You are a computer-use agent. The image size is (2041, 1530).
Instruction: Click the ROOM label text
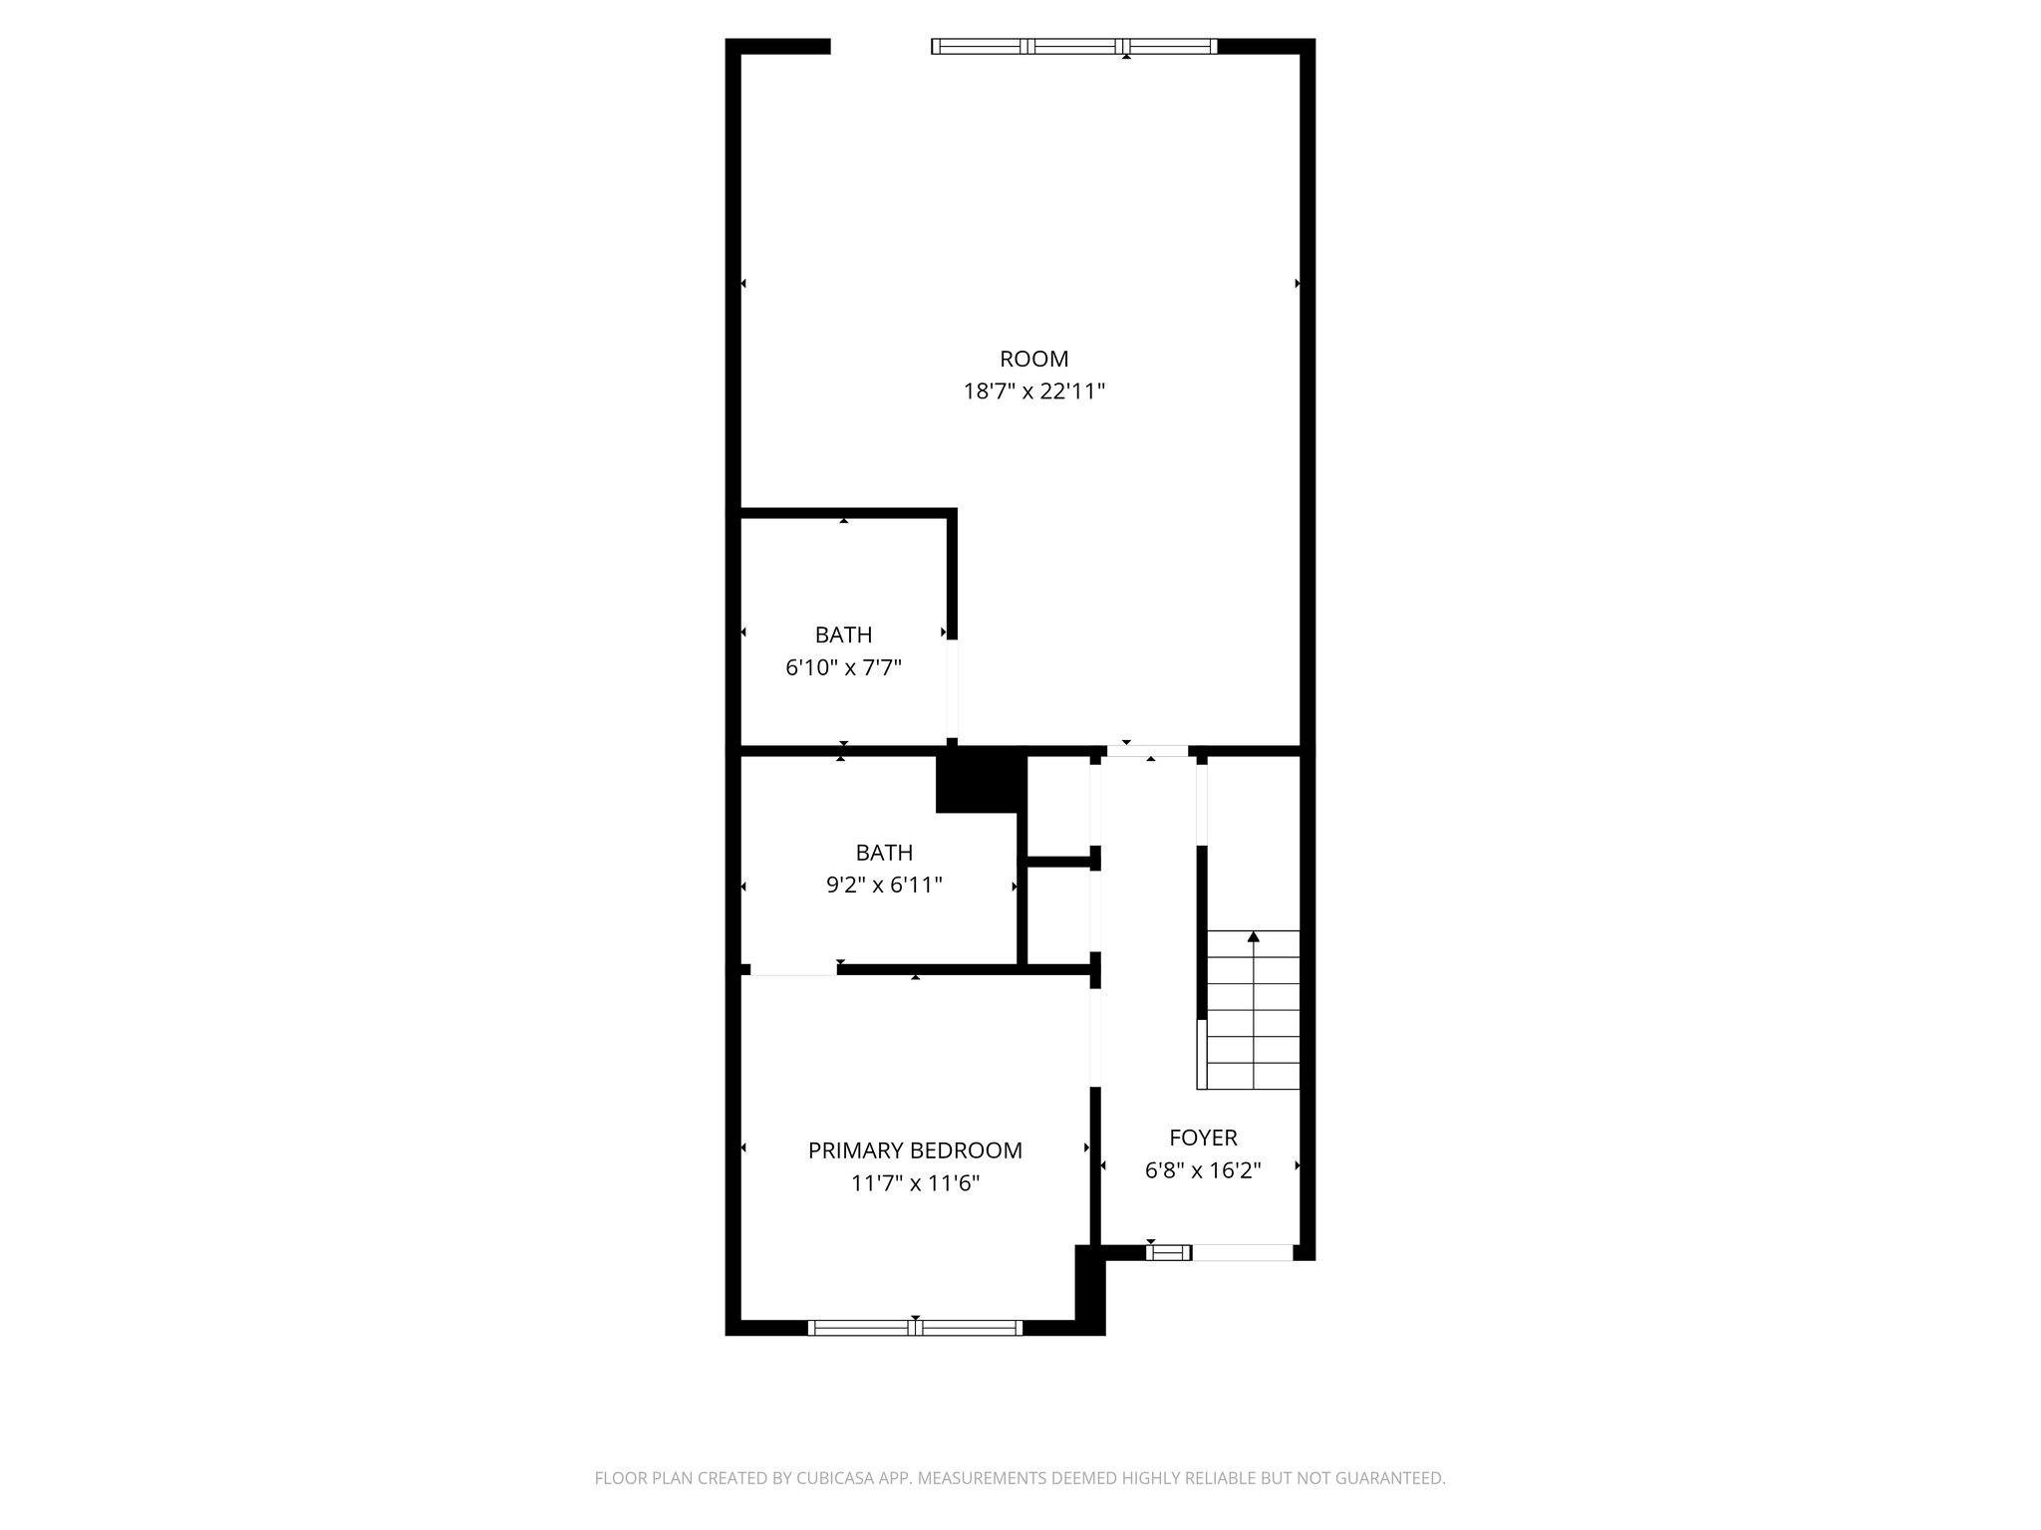(1033, 359)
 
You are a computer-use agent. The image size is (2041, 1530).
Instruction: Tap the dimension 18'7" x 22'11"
(1033, 391)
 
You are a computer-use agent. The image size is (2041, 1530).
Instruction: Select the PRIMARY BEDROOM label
(915, 1150)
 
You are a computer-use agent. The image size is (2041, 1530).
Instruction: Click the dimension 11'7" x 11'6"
(915, 1183)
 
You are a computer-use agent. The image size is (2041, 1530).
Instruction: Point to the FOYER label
(1203, 1138)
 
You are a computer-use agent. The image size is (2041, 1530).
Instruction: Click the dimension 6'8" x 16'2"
(1203, 1170)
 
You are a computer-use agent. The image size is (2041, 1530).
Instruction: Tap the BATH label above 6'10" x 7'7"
(843, 635)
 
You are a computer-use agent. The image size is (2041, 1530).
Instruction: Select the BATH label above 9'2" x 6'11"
(884, 853)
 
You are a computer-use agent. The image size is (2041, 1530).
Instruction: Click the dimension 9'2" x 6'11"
(884, 885)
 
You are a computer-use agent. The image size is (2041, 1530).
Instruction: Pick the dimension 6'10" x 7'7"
(843, 667)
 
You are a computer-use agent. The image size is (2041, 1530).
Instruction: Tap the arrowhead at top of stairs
(1254, 936)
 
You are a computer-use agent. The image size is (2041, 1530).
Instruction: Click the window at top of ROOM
(1074, 46)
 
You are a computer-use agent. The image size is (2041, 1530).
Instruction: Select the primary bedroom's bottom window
(915, 1327)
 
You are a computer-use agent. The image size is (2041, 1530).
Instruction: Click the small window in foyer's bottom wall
(1168, 1253)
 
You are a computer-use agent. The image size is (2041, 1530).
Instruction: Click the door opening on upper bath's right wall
(952, 688)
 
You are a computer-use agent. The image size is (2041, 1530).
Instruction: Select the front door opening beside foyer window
(1243, 1253)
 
